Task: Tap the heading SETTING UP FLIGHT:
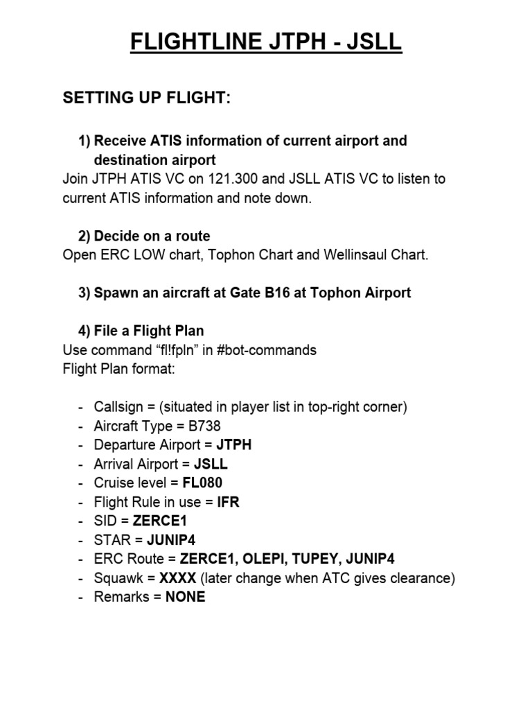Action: coord(146,98)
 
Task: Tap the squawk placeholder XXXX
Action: coord(178,578)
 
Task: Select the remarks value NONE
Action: coord(185,596)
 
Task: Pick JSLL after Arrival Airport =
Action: coord(211,464)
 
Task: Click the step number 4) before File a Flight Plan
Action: coord(85,331)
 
